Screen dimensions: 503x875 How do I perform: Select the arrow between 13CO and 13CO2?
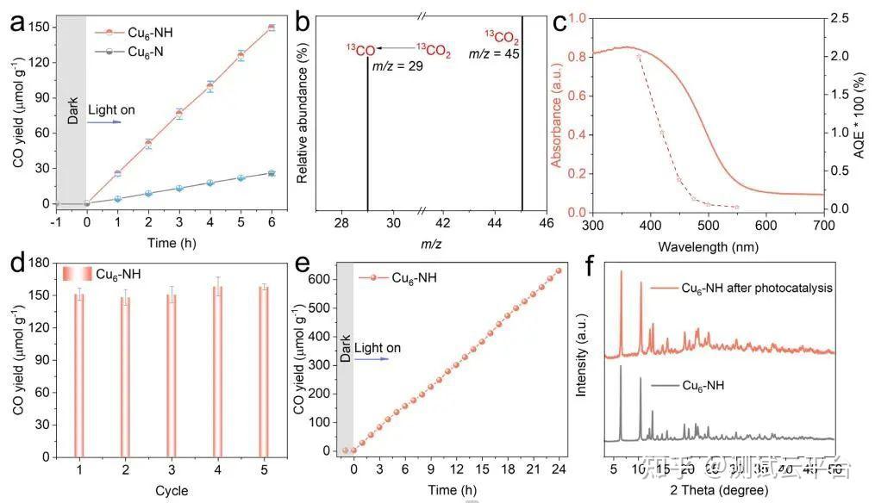tap(396, 50)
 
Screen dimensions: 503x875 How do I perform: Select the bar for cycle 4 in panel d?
tap(217, 370)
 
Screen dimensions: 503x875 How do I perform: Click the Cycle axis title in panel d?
tap(172, 491)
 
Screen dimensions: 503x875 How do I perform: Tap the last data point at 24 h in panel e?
tap(558, 270)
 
